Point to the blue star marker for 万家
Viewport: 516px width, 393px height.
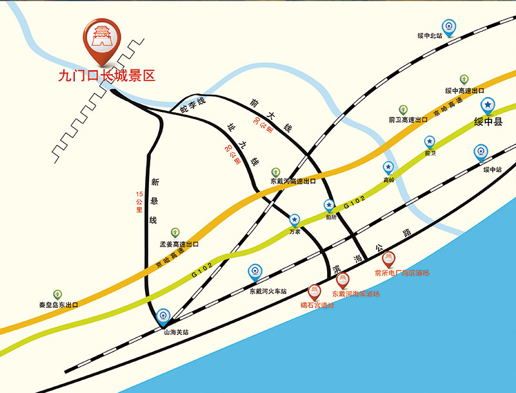[295, 220]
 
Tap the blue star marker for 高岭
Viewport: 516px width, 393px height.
[388, 169]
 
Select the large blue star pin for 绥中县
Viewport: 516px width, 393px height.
[488, 105]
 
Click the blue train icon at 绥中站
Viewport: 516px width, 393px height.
[481, 153]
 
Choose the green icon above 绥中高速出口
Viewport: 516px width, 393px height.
[464, 79]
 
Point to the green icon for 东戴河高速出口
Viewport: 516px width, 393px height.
[275, 171]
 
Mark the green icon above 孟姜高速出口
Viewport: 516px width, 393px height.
[175, 232]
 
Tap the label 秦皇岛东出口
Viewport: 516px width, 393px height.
[58, 305]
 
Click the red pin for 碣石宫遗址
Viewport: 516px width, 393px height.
[315, 291]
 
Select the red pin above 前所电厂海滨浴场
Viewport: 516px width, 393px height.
[389, 259]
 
